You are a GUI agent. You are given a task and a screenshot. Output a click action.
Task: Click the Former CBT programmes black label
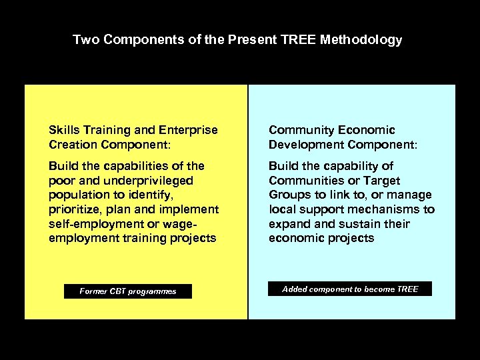pyautogui.click(x=128, y=291)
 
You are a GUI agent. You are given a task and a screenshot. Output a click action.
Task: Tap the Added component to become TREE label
pyautogui.click(x=350, y=289)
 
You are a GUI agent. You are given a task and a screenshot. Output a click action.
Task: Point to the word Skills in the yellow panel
pyautogui.click(x=63, y=130)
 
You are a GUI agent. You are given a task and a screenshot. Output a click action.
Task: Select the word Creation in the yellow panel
pyautogui.click(x=73, y=145)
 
